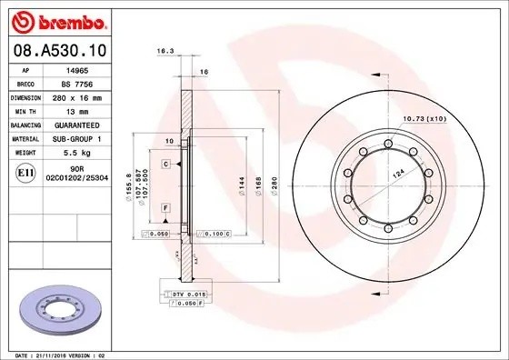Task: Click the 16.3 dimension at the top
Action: (165, 53)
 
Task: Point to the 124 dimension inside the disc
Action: (396, 171)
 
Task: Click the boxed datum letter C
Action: (167, 164)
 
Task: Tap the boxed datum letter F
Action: (167, 208)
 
